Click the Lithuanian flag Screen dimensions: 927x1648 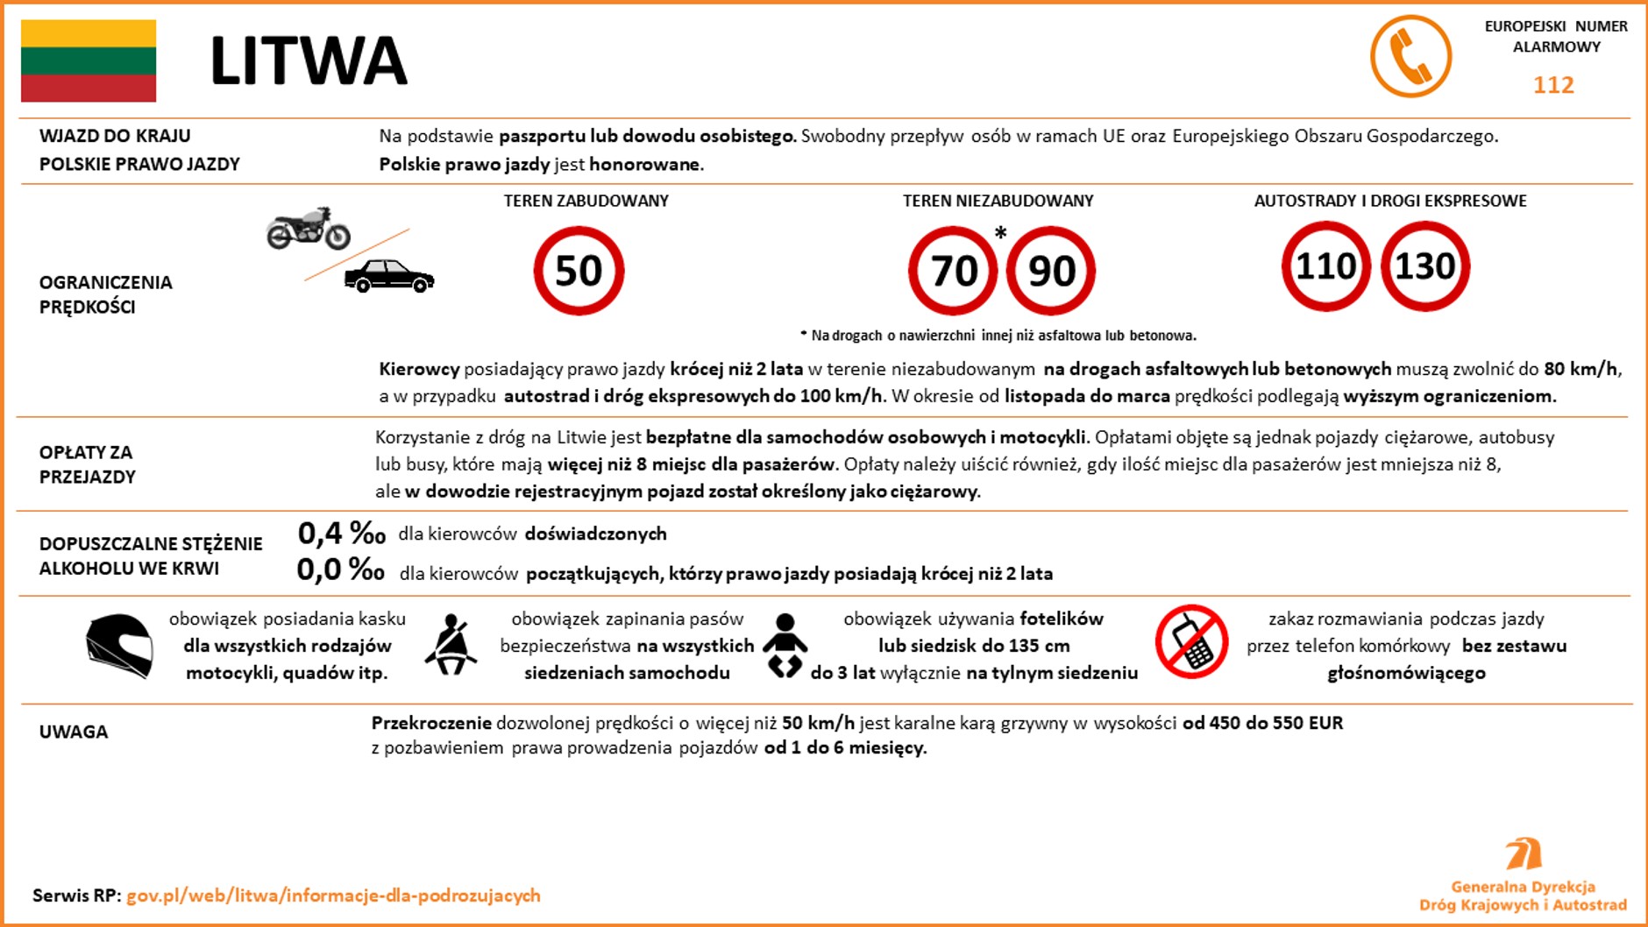89,60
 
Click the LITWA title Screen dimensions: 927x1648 309,61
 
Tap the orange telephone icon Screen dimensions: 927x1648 1410,56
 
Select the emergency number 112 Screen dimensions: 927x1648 1553,85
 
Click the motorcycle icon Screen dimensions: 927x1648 309,229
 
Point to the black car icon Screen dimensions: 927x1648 389,276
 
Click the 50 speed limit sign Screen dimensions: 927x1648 579,271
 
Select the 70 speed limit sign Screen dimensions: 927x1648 953,271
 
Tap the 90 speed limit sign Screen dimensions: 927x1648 1051,271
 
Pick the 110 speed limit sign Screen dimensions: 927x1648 1325,266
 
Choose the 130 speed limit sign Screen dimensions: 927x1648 1425,266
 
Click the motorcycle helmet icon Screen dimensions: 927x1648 120,645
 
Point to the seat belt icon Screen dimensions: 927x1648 451,645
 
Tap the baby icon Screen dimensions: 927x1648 785,645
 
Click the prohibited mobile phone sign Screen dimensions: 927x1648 1191,641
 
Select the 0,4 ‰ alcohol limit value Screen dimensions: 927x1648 341,533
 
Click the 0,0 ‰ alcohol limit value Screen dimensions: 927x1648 341,570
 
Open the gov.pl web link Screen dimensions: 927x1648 333,895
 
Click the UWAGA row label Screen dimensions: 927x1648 74,732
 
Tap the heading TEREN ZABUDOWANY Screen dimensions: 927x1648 586,201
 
